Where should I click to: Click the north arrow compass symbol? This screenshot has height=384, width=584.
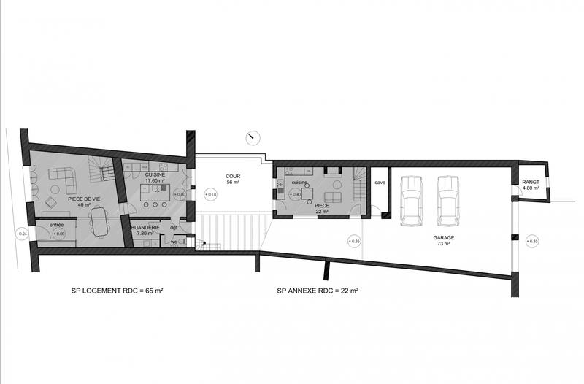(253, 137)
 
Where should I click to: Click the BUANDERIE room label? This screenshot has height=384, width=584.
(145, 229)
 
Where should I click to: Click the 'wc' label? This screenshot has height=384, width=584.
(174, 242)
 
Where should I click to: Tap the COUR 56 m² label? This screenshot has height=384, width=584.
(234, 179)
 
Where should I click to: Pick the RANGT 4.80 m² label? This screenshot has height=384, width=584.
(530, 185)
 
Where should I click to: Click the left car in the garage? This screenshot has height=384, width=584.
(411, 199)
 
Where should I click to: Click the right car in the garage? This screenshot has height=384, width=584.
(447, 197)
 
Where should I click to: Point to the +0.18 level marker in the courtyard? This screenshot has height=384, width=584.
(211, 195)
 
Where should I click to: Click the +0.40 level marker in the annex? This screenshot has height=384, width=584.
(294, 195)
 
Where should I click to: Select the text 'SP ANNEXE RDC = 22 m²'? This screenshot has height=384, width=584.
(317, 291)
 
